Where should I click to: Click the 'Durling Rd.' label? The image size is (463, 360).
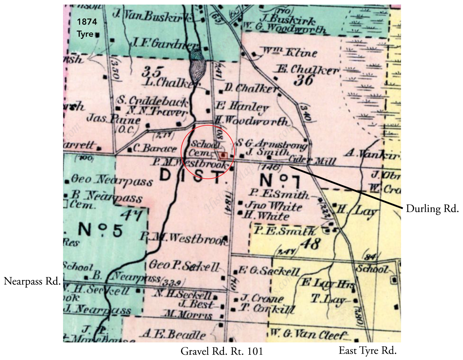tap(432, 209)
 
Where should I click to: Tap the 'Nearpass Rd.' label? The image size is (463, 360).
tap(32, 282)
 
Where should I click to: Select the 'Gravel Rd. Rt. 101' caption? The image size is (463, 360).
tap(222, 351)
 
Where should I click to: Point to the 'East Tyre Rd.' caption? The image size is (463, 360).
tap(368, 350)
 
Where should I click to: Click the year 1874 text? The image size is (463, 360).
tap(87, 22)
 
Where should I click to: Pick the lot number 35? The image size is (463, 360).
tap(152, 72)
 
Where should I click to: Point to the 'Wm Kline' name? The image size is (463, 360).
tap(290, 52)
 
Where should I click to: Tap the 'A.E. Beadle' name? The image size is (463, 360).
tap(174, 334)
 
